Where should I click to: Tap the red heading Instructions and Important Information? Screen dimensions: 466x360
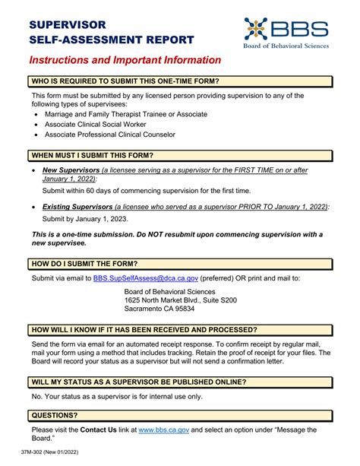point(125,60)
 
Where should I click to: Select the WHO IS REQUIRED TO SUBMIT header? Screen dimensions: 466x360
point(125,81)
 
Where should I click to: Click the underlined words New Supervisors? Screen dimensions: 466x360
point(71,170)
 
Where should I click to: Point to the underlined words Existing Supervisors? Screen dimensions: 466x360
point(77,206)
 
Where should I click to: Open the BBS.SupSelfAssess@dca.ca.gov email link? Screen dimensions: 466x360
point(144,278)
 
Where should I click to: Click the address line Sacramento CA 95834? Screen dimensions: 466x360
point(159,309)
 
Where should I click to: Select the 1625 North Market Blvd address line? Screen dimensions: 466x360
point(180,300)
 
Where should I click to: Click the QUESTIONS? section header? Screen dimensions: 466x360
point(54,414)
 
